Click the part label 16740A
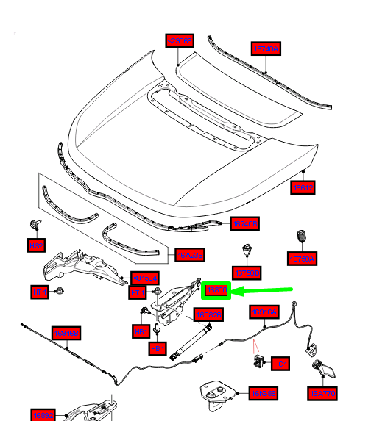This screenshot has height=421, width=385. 266,49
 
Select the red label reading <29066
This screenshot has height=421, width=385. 180,41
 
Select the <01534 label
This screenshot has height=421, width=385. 144,278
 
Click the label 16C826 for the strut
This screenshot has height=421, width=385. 208,315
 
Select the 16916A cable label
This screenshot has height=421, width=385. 266,312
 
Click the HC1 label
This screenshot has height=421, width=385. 280,362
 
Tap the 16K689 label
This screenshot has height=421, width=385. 264,394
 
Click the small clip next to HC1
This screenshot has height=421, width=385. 260,359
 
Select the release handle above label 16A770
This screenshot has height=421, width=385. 322,367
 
